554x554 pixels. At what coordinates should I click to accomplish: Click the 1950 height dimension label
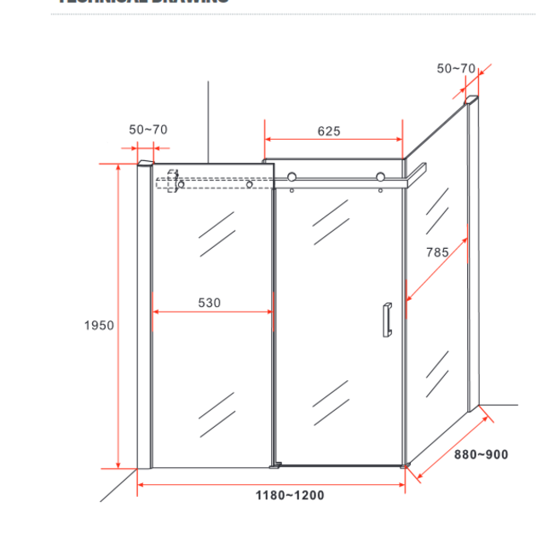coord(99,326)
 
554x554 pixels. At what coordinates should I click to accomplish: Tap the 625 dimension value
coord(329,130)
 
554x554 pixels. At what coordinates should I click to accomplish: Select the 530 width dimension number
coord(209,303)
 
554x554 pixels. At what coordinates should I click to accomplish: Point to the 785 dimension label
coord(438,251)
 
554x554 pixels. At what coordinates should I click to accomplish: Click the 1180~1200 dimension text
coord(291,495)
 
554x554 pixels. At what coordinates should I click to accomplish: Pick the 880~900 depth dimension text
coord(482,454)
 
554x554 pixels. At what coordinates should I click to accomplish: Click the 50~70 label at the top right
coord(456,68)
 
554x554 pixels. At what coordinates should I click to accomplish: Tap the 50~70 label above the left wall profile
coord(148,130)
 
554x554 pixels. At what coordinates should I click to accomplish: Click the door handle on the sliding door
coord(386,320)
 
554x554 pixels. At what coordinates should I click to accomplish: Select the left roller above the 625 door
coord(291,178)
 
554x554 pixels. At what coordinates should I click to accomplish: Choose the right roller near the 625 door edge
coord(380,178)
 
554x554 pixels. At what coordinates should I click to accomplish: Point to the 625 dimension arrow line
coord(333,141)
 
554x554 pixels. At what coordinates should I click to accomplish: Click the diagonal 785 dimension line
coord(437,270)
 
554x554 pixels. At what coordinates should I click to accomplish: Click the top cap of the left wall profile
coord(146,164)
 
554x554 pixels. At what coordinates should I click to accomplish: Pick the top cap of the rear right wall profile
coord(471,99)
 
